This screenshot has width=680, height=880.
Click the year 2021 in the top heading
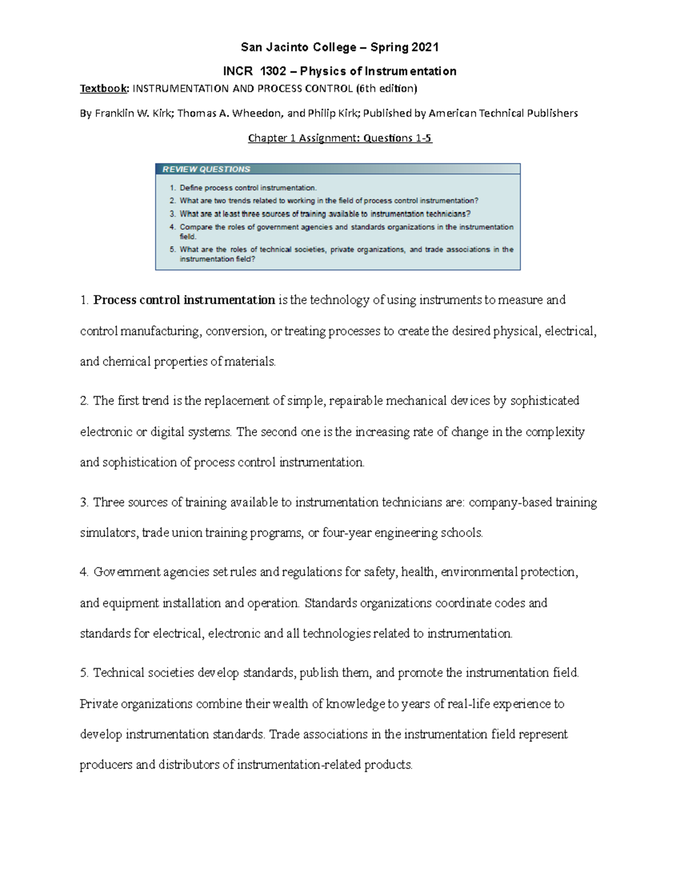[425, 47]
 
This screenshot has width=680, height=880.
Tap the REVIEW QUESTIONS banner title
[206, 169]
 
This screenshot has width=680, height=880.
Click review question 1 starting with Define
[248, 188]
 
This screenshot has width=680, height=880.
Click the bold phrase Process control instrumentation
[184, 300]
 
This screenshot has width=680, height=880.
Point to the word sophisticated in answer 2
[545, 401]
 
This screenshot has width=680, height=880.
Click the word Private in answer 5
[99, 704]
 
